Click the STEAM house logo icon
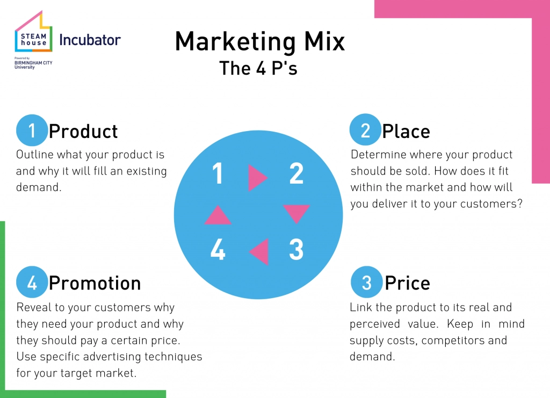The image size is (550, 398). (x=34, y=32)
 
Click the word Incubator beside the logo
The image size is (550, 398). (x=90, y=40)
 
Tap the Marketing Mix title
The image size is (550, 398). (x=260, y=41)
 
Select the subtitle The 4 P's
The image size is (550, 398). (x=258, y=68)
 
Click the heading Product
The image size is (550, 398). (x=83, y=132)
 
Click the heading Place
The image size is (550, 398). (x=406, y=132)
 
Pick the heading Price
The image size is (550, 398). (x=407, y=283)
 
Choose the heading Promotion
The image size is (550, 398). (x=95, y=283)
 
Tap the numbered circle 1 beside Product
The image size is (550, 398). (x=32, y=131)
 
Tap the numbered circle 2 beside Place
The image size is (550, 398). (x=365, y=129)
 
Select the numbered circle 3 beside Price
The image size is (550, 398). (x=366, y=282)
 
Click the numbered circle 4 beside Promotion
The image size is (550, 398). (x=32, y=282)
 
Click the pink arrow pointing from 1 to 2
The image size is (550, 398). (x=257, y=178)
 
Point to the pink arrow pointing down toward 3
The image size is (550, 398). (x=296, y=213)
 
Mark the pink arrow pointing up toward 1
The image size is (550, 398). (x=218, y=216)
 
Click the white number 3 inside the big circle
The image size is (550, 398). (x=296, y=249)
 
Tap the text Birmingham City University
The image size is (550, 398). (x=33, y=65)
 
